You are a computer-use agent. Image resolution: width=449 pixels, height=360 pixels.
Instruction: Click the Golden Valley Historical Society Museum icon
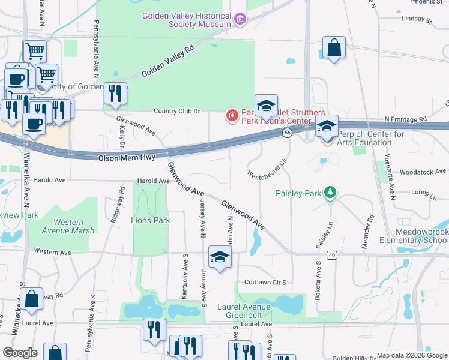241,20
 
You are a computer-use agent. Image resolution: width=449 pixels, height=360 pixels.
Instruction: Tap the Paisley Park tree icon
329,193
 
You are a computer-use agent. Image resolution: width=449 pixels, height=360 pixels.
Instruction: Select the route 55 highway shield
288,133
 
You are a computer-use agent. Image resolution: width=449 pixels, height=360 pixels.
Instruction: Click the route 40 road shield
331,256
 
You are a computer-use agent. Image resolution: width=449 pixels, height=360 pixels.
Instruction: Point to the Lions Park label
150,220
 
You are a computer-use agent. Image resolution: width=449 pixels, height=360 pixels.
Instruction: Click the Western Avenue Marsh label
68,226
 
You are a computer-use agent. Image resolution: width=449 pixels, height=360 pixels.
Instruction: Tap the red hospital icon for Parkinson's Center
231,115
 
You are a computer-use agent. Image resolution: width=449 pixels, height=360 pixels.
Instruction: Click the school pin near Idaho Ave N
220,258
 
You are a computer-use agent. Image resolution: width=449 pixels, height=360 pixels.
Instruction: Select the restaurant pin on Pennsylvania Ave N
115,93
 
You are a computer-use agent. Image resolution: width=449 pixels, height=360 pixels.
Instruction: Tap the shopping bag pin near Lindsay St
333,48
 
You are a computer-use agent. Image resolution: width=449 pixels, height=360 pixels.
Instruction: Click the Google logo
20,353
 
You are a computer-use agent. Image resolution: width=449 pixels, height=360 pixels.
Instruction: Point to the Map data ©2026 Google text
411,355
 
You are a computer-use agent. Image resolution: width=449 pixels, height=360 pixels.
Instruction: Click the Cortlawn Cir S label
264,282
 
